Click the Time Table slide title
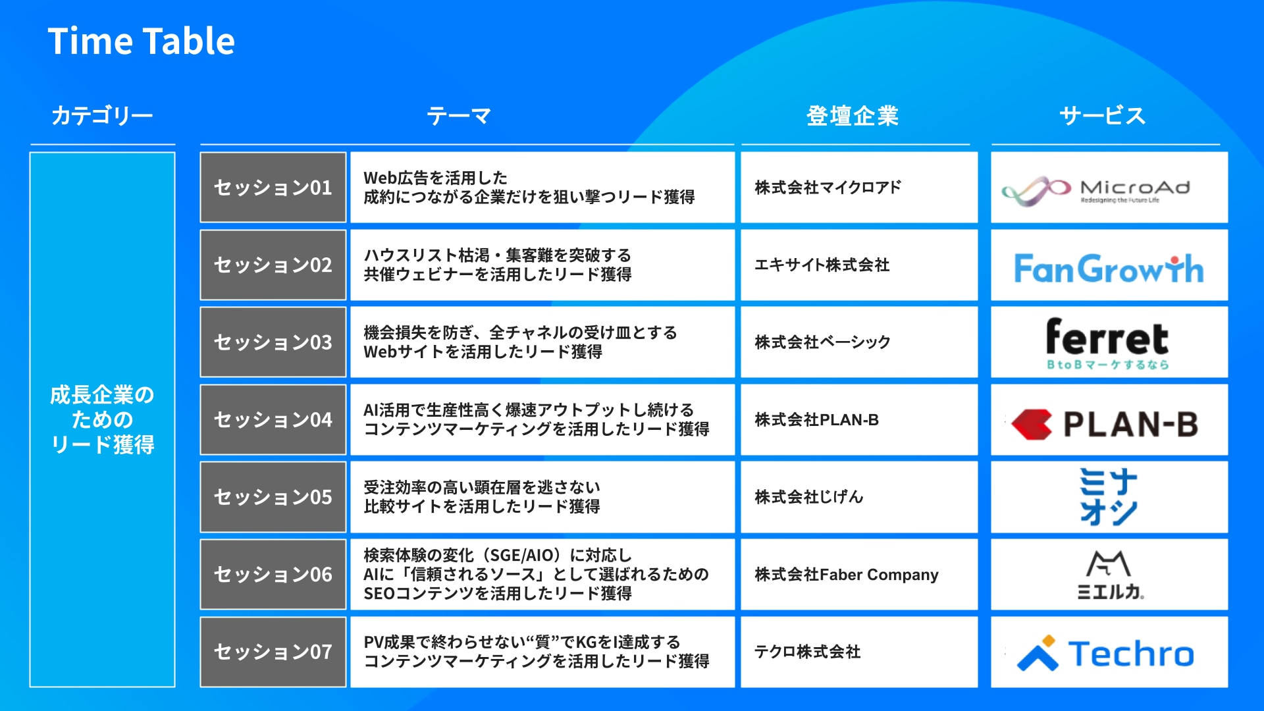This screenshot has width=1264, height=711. pos(141,41)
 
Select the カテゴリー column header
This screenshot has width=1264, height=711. pos(102,116)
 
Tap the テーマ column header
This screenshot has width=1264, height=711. pos(459,116)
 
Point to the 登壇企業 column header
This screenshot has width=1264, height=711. pos(853,116)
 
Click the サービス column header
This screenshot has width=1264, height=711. pos(1103,116)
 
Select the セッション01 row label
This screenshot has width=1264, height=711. pos(273,188)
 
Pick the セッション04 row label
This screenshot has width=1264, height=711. pos(273,420)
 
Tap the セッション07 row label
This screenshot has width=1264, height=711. pos(273,652)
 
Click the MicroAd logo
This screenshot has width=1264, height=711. pos(1096,190)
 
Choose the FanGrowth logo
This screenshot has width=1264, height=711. pos(1109,268)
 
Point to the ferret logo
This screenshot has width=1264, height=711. pos(1108,344)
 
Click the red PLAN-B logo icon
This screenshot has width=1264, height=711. pos(1032,425)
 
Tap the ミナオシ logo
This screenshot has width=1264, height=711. pos(1109,496)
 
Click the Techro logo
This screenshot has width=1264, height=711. pos(1106,654)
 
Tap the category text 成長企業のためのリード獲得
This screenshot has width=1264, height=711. pos(102,420)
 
